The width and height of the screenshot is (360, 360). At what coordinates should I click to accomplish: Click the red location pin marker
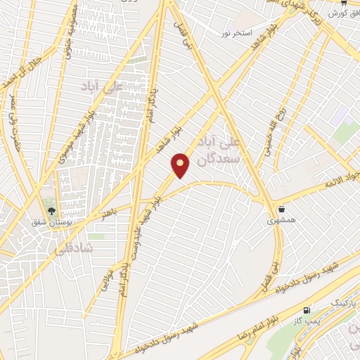click(x=181, y=165)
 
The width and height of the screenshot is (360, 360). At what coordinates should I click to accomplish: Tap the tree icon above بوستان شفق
click(x=50, y=209)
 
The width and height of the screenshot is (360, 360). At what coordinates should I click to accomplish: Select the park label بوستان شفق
click(x=50, y=222)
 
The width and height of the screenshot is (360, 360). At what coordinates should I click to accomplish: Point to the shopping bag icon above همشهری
click(x=281, y=209)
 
